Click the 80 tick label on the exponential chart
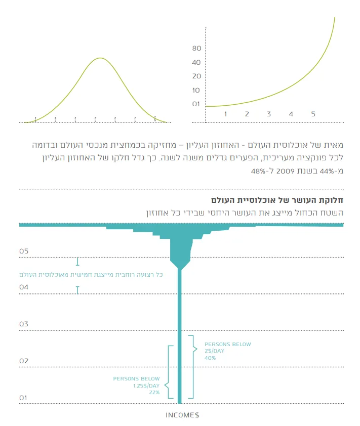197,49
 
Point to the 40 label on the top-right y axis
197,63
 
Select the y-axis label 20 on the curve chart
197,76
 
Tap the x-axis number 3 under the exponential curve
269,114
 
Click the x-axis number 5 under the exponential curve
313,114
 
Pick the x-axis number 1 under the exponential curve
225,114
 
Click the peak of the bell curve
100,58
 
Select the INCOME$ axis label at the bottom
182,415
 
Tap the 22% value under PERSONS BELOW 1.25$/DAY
154,392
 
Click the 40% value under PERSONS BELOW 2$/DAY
210,358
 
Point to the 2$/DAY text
214,351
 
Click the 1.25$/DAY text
146,386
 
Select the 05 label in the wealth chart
24,251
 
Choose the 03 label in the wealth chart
24,324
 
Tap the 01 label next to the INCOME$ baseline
24,398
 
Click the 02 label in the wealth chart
24,361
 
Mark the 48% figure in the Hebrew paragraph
259,171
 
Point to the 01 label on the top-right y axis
197,104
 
